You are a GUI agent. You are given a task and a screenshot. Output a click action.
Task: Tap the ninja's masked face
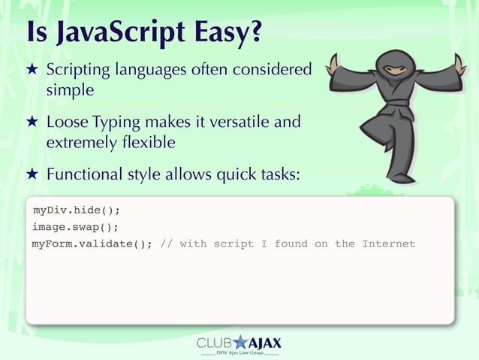pyautogui.click(x=396, y=69)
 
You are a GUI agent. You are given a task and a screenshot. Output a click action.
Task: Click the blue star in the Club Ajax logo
pyautogui.click(x=241, y=343)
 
